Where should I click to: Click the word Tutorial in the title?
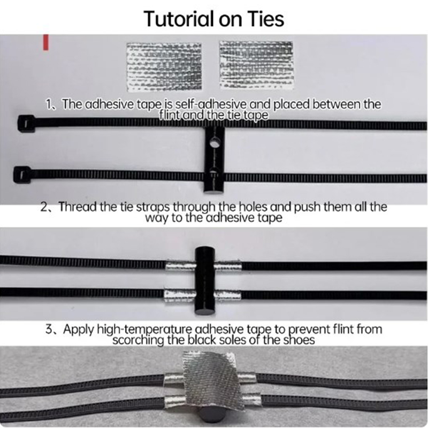click(x=179, y=19)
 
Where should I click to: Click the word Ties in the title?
click(x=266, y=19)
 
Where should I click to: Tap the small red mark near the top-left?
click(x=46, y=42)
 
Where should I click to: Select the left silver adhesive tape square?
click(x=164, y=66)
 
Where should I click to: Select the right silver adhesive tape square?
click(x=256, y=65)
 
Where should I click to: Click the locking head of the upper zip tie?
click(x=26, y=124)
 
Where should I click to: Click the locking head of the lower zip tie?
click(x=22, y=174)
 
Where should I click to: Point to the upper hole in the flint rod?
click(x=215, y=142)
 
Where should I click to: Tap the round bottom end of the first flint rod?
click(x=215, y=190)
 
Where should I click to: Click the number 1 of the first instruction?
click(x=49, y=104)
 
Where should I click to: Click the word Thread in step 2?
click(x=78, y=207)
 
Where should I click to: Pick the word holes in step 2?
click(x=253, y=207)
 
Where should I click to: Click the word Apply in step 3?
click(x=79, y=330)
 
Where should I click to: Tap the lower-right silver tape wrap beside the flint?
click(x=227, y=295)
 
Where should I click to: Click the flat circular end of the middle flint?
click(x=205, y=311)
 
